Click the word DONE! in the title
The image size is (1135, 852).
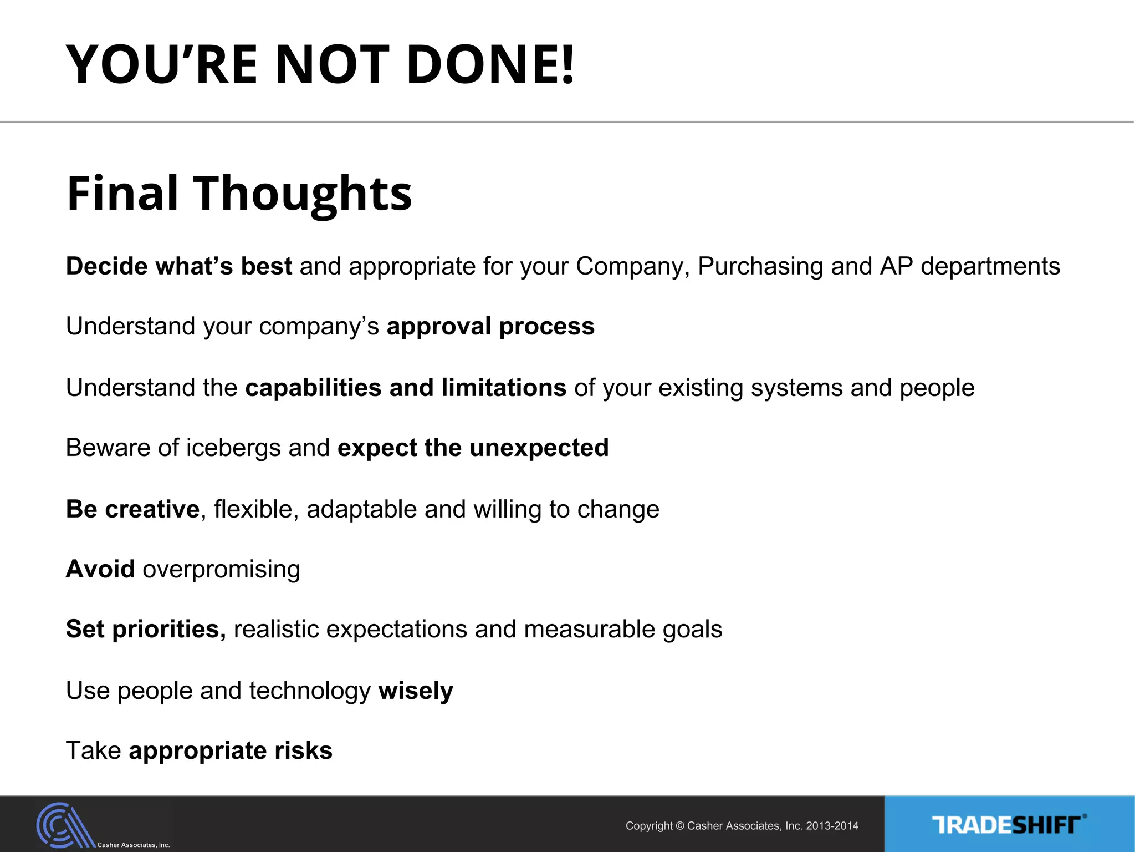[x=490, y=65]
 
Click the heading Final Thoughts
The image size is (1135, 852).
[x=239, y=193]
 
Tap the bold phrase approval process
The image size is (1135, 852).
[x=490, y=327]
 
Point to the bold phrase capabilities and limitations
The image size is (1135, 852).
[x=406, y=388]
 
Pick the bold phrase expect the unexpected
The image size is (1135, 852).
[x=473, y=448]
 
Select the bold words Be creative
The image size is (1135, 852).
[x=132, y=509]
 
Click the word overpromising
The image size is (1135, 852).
[x=221, y=570]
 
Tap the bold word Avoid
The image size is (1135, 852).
[x=100, y=569]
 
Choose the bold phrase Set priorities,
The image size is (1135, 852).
[x=146, y=630]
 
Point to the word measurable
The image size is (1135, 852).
[x=589, y=630]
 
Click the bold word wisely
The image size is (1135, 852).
[x=416, y=691]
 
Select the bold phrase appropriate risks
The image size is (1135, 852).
[x=230, y=751]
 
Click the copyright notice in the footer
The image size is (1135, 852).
[x=742, y=826]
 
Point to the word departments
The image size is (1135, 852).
[x=990, y=267]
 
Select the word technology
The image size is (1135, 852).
[x=310, y=691]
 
